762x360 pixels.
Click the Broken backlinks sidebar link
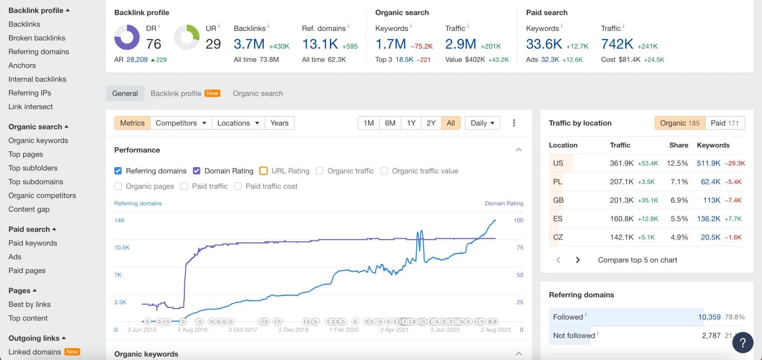(x=37, y=38)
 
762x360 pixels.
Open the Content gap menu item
(x=29, y=209)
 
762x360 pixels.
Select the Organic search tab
(x=257, y=93)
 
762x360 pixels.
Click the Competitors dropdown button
(x=181, y=123)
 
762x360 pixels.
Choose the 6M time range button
(x=390, y=123)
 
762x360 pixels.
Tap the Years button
(x=279, y=123)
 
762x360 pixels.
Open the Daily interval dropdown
(x=482, y=123)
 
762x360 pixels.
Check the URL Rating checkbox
(x=263, y=171)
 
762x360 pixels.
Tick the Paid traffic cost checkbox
(x=238, y=186)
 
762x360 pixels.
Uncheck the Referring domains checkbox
(x=118, y=171)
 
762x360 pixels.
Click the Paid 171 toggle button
(x=724, y=123)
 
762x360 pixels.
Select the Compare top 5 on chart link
(x=637, y=260)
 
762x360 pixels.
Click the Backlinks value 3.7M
(x=249, y=44)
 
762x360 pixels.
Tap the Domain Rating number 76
(x=154, y=44)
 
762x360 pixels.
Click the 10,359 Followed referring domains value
(x=709, y=317)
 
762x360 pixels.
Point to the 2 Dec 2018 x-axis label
(x=293, y=330)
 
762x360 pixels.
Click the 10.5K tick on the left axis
(x=122, y=247)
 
